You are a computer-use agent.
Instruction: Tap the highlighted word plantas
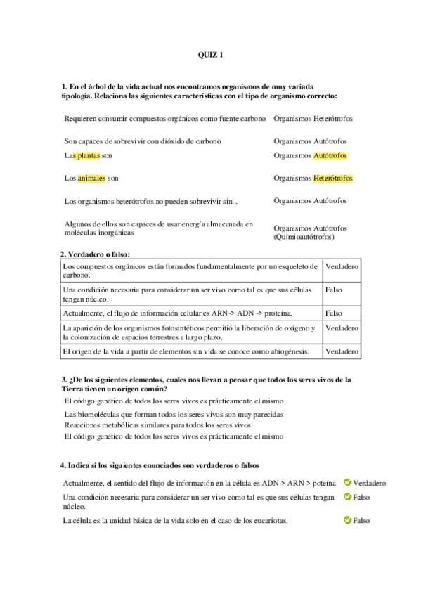(91, 155)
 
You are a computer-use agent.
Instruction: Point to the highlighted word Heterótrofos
(333, 179)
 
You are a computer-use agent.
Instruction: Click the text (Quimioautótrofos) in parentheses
(304, 238)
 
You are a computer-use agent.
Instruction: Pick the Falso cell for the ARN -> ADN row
(334, 313)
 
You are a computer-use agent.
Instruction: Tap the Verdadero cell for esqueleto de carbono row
(342, 268)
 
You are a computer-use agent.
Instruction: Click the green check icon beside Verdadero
(347, 482)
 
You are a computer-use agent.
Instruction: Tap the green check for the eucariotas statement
(347, 520)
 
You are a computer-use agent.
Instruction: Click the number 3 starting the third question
(64, 380)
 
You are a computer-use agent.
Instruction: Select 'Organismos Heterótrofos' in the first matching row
(313, 118)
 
